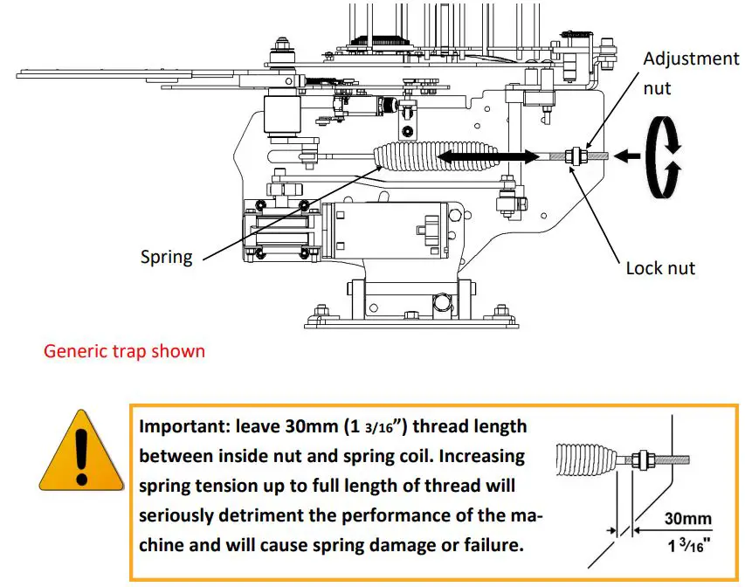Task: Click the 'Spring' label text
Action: (166, 258)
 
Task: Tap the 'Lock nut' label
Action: (660, 268)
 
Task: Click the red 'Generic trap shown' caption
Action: (125, 351)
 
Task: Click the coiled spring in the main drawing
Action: (407, 157)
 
